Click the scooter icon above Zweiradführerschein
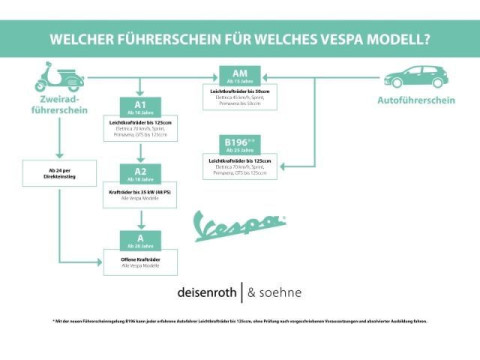point(57,77)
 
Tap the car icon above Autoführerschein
point(415,76)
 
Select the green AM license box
point(240,76)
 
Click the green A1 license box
point(140,107)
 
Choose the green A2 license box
point(140,173)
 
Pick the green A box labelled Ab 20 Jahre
point(140,239)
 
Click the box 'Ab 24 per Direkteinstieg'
point(57,173)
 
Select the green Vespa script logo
point(238,225)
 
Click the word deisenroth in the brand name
point(207,293)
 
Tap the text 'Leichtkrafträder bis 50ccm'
point(240,91)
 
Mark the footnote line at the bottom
point(240,321)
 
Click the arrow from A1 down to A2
point(140,153)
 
